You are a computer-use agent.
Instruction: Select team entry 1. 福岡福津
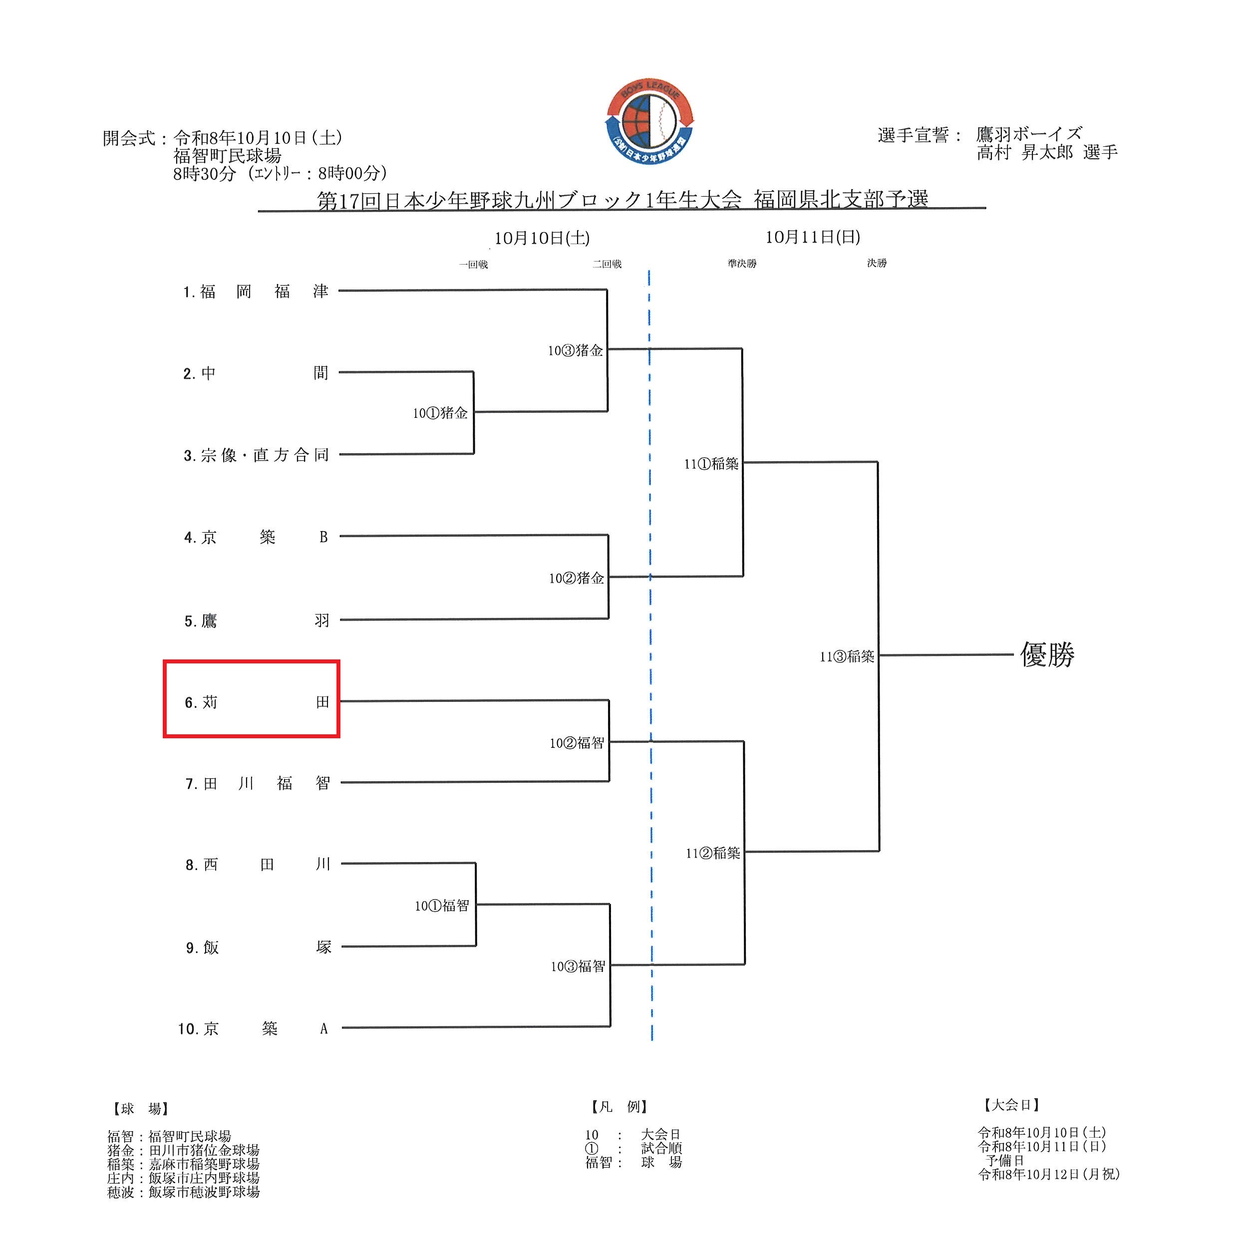pos(256,292)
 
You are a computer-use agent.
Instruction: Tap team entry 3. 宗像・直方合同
pos(256,455)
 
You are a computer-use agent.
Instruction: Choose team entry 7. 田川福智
pos(258,783)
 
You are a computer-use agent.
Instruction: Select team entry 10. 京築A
pos(253,1028)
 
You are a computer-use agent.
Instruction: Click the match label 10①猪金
pos(440,413)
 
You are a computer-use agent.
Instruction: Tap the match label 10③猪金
pos(576,350)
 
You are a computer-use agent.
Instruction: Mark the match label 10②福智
pos(577,743)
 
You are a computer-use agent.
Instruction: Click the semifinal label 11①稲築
pos(711,464)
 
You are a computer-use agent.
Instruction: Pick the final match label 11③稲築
pos(847,656)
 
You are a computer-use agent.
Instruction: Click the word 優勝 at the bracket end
pos(1047,655)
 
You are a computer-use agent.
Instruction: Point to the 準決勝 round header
pos(742,264)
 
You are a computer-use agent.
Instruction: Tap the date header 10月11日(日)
pos(813,237)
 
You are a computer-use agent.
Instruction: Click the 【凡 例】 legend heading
pos(619,1107)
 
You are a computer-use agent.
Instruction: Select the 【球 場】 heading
pos(140,1109)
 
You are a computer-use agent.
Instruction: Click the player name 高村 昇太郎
pos(1025,153)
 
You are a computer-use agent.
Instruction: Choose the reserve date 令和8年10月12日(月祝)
pos(1049,1174)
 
